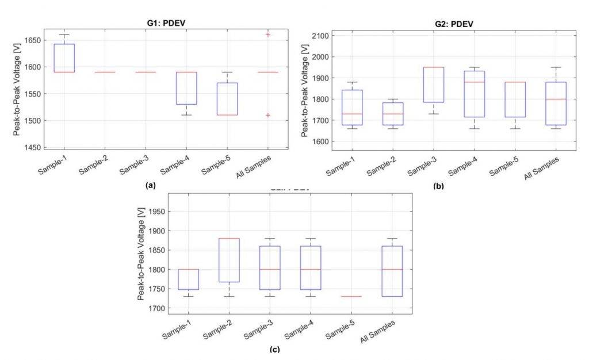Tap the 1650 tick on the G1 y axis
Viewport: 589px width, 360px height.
pyautogui.click(x=32, y=40)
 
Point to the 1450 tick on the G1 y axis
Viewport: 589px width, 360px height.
pyautogui.click(x=32, y=147)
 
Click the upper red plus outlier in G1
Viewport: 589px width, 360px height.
pyautogui.click(x=268, y=35)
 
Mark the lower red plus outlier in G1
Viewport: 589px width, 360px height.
pyautogui.click(x=268, y=115)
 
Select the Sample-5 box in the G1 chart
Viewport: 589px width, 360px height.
pyautogui.click(x=227, y=99)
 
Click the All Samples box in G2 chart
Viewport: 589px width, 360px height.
pyautogui.click(x=556, y=104)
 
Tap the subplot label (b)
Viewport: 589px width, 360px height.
pyautogui.click(x=441, y=186)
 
